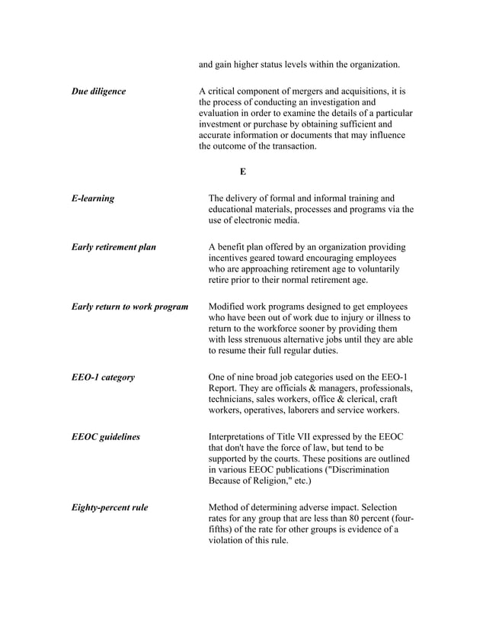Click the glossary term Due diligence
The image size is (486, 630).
click(x=98, y=92)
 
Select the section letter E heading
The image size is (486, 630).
click(x=242, y=172)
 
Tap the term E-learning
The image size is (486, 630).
click(x=93, y=198)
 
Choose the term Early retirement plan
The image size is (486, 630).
click(x=114, y=247)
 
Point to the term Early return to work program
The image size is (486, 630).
click(x=129, y=307)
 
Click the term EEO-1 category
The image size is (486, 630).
click(x=103, y=377)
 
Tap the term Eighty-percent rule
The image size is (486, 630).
click(x=110, y=506)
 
